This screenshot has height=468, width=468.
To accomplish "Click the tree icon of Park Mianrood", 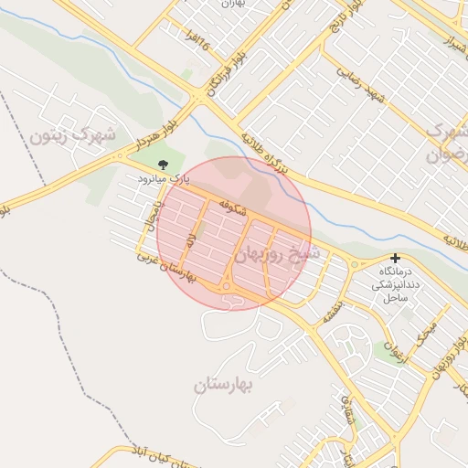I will tap(163, 165).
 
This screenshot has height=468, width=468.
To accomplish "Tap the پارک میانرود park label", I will tap(163, 178).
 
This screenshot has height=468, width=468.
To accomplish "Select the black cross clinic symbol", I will tap(395, 259).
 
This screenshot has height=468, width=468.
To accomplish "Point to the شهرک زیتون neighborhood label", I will tap(73, 136).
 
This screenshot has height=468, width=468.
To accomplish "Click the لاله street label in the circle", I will tap(191, 241).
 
